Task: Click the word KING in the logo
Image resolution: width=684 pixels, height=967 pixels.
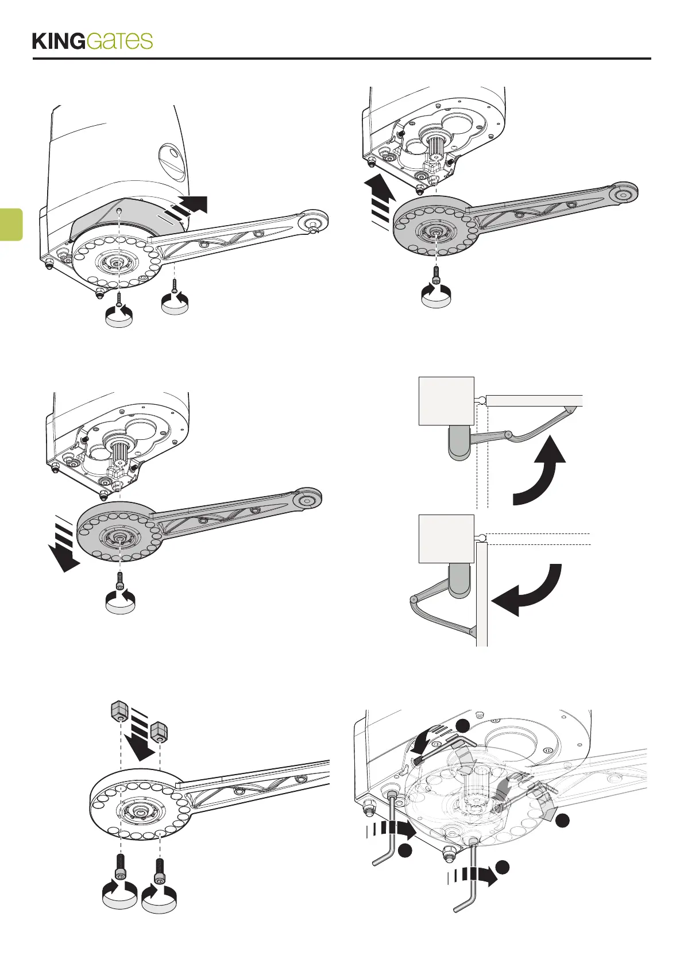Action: pyautogui.click(x=59, y=42)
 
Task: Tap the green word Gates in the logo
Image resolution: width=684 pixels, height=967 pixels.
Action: pyautogui.click(x=121, y=41)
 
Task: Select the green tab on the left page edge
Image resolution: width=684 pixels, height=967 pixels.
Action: pyautogui.click(x=10, y=224)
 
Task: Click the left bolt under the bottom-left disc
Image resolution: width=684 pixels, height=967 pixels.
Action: pyautogui.click(x=121, y=865)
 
